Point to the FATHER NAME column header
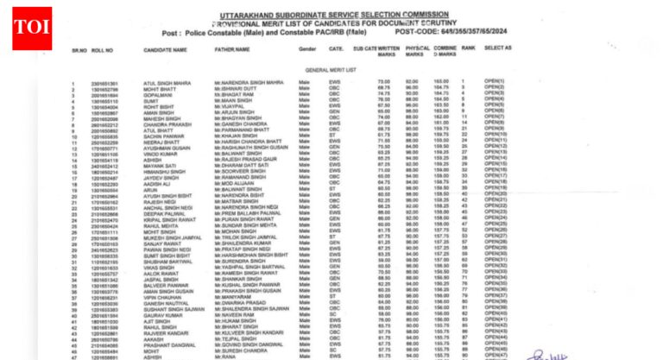[230, 50]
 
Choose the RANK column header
[467, 50]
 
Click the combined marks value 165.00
[443, 82]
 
